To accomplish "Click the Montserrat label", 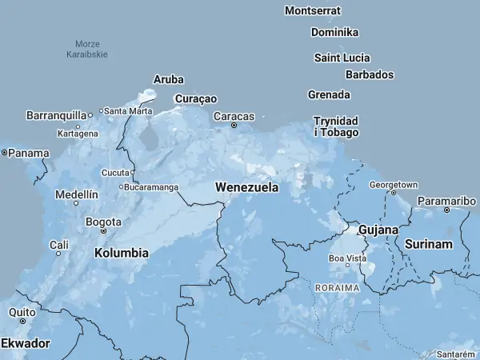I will pos(313,10).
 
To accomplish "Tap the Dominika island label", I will pos(334,32).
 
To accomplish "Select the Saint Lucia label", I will pos(342,58).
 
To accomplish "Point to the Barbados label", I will pos(370,74).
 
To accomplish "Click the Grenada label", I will pos(329,94).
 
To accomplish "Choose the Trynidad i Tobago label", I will pos(336,126).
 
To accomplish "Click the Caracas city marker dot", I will pos(234,126).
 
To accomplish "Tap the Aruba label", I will pos(168,79).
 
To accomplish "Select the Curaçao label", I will pos(195,98).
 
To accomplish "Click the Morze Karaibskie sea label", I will pos(87,49).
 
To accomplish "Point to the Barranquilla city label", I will pos(56,115).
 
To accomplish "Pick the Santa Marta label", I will pos(128,110).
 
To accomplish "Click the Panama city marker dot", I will pos(4,152).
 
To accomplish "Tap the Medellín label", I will pos(76,194).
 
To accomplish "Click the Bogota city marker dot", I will pos(103,231).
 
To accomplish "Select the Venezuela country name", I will pos(247,187).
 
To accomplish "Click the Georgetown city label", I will pos(393,184).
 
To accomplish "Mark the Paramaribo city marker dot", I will pos(446,210).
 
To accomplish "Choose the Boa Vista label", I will pos(348,258).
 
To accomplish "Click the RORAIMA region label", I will pos(337,286).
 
